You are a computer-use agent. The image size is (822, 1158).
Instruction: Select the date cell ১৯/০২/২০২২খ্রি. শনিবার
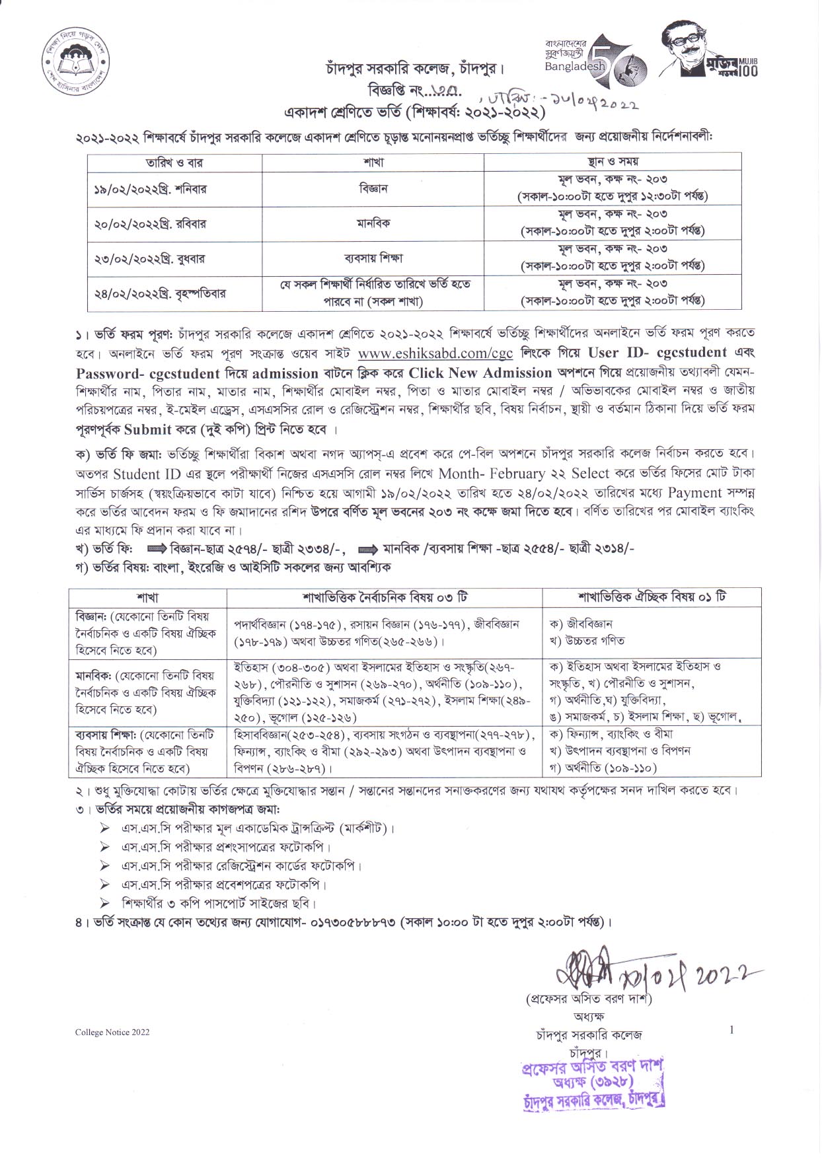click(150, 189)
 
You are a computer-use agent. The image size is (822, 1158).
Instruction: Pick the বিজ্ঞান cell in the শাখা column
click(373, 188)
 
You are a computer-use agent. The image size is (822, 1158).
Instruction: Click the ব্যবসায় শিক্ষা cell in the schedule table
click(373, 258)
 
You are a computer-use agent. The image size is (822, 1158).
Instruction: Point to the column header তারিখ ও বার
click(174, 162)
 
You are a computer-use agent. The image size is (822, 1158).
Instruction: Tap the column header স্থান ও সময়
click(612, 161)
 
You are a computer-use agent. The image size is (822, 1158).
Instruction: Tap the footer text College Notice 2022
click(112, 1032)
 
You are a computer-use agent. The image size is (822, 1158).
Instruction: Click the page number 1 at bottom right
click(731, 1029)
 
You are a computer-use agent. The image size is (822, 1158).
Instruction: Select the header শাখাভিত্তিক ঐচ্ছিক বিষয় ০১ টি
click(652, 597)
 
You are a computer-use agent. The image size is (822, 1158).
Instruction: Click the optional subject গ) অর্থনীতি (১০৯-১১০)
click(603, 768)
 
